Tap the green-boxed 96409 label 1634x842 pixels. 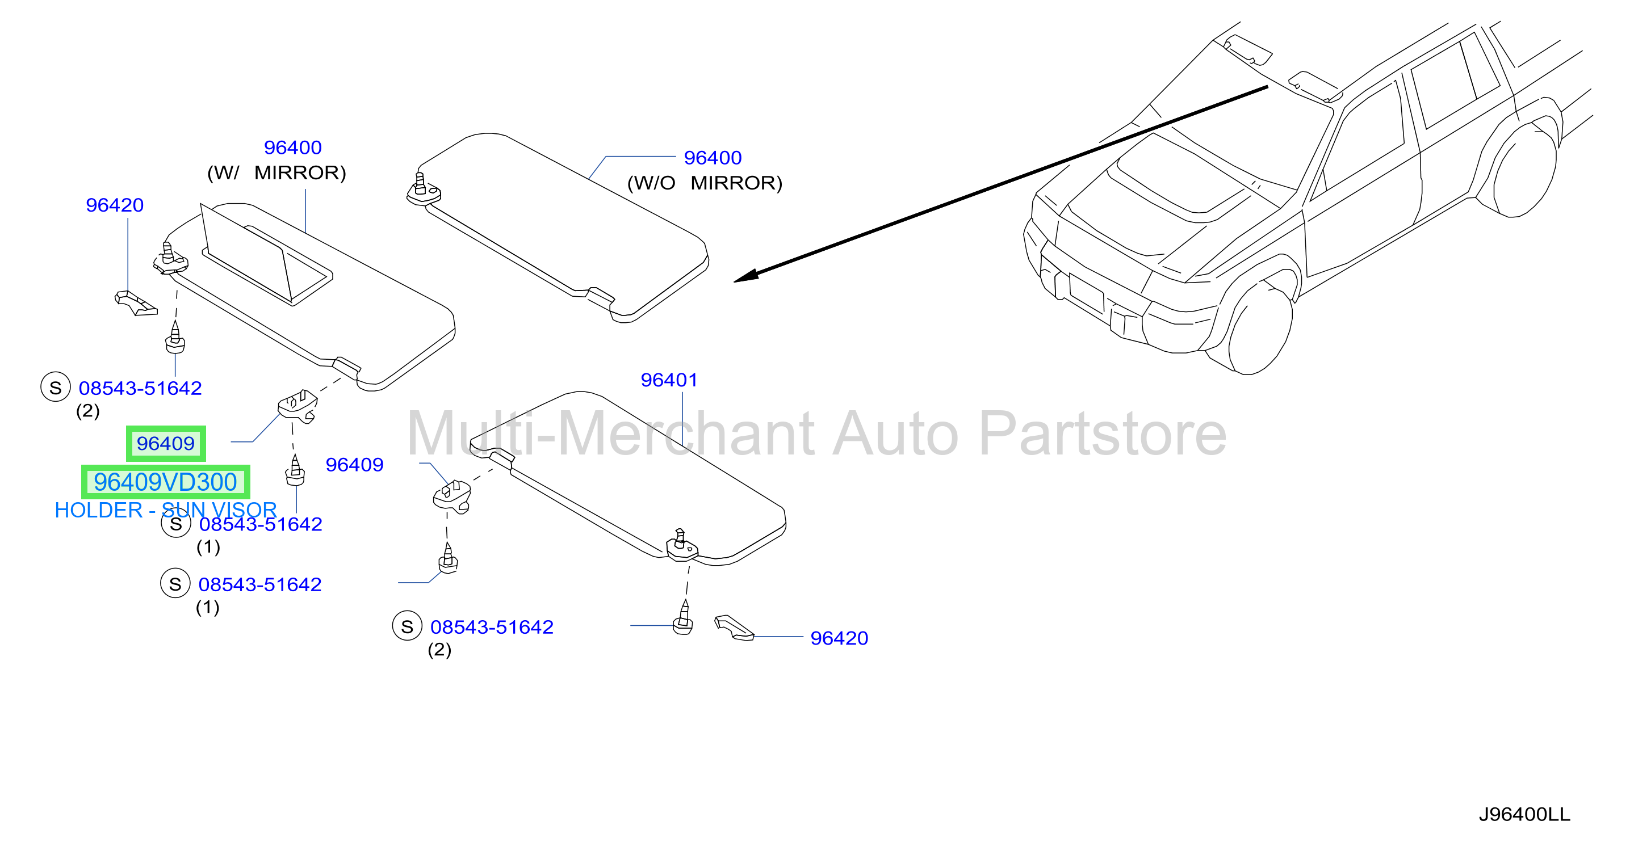point(166,443)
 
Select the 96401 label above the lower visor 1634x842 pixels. point(669,380)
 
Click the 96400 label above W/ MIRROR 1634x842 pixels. point(292,147)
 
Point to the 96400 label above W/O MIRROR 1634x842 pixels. point(713,157)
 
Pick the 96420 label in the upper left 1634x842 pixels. point(114,205)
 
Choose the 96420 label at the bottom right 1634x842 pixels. point(839,638)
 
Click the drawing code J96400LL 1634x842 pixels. point(1524,814)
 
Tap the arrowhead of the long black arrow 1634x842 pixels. point(745,276)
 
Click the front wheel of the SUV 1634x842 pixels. point(1260,330)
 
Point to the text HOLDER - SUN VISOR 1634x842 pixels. point(166,510)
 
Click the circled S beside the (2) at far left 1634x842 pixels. point(55,387)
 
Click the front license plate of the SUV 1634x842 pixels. point(1087,292)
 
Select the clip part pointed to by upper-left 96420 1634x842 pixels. point(135,303)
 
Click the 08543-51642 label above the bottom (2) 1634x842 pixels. point(492,627)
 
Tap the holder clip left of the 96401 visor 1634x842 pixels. point(451,496)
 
